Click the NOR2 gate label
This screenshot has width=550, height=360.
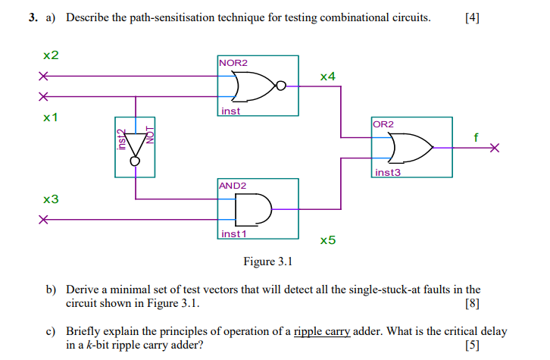coord(233,62)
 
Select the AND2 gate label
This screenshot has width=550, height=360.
coord(233,186)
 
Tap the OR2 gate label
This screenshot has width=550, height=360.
coord(383,124)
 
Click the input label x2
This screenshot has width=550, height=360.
coord(51,55)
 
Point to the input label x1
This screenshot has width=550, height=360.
coord(51,117)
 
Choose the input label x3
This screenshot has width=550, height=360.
coord(51,199)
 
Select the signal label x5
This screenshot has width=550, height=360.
coord(327,240)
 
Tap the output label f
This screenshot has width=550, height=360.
coord(476,137)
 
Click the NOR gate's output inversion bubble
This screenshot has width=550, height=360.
coord(281,86)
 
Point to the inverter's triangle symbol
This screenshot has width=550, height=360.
coord(135,144)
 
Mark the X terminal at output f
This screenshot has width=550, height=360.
coord(495,148)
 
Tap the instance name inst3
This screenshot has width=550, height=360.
coord(387,173)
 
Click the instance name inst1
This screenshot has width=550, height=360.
coord(234,234)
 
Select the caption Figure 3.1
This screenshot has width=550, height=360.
coord(267,261)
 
